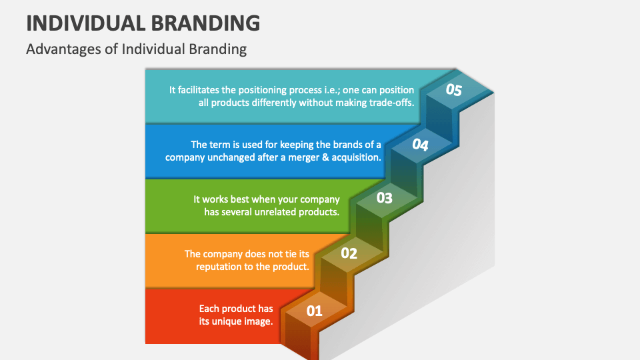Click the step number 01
click(x=314, y=310)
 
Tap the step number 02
click(x=349, y=253)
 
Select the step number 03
click(x=384, y=198)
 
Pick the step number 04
click(x=419, y=144)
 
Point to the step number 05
click(x=453, y=91)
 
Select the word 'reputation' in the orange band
click(x=221, y=267)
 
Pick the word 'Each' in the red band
click(x=209, y=309)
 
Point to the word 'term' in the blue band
click(x=221, y=145)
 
